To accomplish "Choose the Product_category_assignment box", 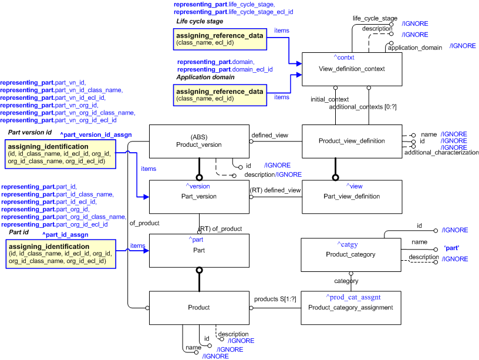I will [350, 308].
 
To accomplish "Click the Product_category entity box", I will [350, 255].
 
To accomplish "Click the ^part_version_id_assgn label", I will [96, 134].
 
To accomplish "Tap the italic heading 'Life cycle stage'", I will [200, 21].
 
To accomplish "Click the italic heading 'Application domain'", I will [205, 77].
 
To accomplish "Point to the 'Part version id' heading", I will [30, 133].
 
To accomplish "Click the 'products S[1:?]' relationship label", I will [275, 299].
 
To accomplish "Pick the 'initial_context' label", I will [329, 99].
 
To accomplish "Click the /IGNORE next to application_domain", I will [463, 46].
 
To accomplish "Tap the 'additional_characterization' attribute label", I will [441, 153].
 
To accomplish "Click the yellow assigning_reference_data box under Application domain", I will [220, 95].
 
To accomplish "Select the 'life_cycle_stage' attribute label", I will [375, 18].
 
